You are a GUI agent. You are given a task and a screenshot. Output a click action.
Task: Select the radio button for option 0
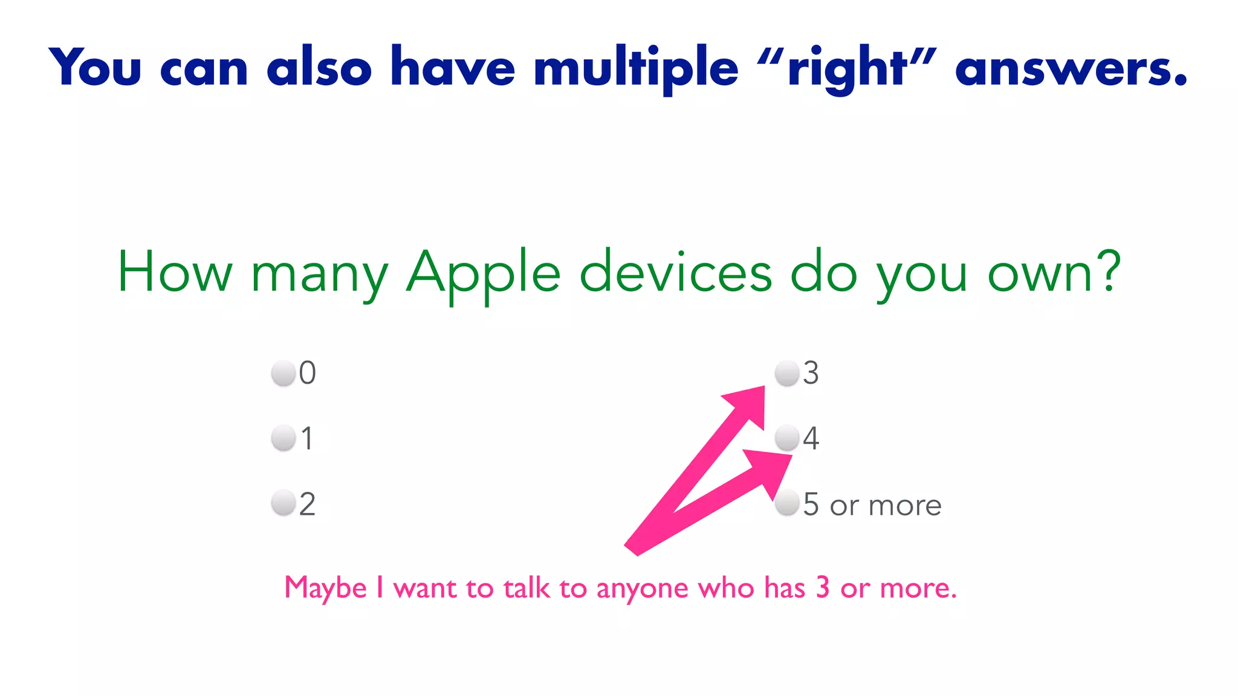[x=283, y=373]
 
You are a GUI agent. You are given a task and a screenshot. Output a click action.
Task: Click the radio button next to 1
[x=283, y=438]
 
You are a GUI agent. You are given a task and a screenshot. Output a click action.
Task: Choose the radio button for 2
[x=283, y=503]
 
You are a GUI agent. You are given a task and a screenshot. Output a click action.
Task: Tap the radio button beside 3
[x=787, y=373]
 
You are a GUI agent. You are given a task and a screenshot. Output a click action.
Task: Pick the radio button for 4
[x=787, y=438]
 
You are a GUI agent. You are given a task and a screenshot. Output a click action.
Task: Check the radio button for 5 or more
[x=787, y=503]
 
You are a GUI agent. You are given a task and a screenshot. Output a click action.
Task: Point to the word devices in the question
[x=675, y=273]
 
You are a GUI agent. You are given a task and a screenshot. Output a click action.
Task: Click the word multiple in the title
[x=636, y=68]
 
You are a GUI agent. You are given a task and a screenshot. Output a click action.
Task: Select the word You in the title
[x=96, y=68]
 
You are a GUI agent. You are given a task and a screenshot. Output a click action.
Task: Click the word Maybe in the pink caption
[x=326, y=588]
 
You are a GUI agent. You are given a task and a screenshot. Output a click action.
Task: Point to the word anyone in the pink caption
[x=642, y=588]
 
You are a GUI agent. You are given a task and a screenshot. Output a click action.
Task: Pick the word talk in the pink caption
[x=527, y=588]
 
